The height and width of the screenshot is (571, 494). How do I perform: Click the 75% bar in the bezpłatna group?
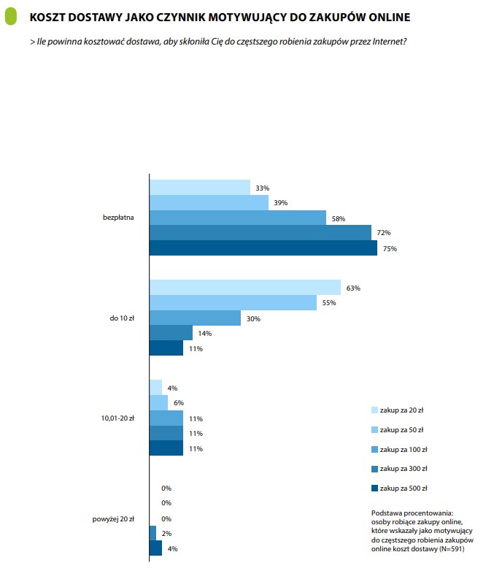point(263,248)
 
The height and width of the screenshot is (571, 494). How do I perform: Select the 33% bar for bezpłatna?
point(200,187)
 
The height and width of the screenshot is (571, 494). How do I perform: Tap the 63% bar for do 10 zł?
point(245,287)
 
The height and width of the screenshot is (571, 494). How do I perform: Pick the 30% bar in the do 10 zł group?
point(195,318)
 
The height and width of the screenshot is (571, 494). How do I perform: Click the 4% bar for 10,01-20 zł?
point(156,388)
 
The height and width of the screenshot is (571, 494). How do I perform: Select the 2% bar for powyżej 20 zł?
point(153,533)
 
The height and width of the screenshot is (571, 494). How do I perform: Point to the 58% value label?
point(338,219)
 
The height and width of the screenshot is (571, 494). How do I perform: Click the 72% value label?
point(384,233)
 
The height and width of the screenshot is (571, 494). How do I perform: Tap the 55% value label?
point(329,303)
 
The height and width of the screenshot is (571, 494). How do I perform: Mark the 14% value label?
point(204,334)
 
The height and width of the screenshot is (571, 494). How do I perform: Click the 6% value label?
point(178,403)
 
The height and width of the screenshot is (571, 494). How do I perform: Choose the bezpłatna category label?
point(118,218)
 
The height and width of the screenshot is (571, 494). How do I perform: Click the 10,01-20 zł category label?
point(117,418)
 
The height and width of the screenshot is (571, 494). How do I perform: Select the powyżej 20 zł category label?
point(113,519)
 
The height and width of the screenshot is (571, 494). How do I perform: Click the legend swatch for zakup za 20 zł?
point(374,410)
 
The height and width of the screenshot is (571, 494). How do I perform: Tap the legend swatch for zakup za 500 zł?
point(374,488)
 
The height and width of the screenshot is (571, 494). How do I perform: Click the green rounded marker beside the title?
point(11,17)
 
